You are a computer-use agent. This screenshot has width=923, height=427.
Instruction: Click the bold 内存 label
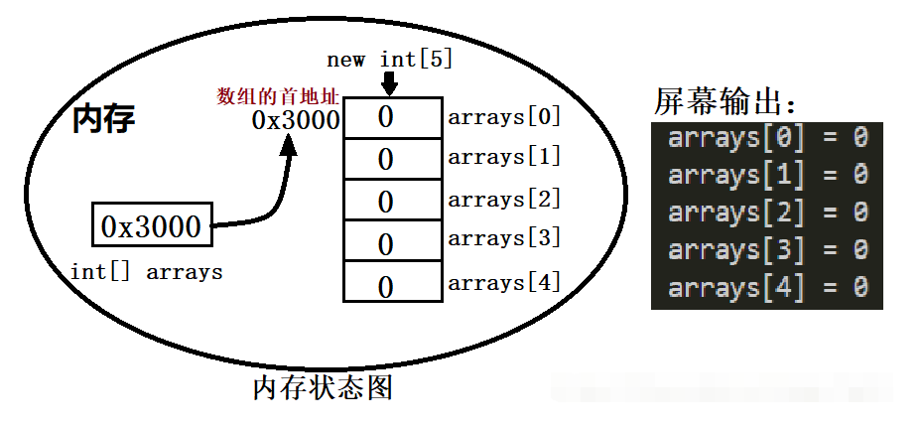104,120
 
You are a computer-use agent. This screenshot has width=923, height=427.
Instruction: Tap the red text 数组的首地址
279,96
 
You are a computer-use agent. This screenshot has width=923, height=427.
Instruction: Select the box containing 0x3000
152,226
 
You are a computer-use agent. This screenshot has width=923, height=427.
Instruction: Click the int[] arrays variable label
146,271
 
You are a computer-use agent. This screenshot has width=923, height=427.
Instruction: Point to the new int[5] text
389,60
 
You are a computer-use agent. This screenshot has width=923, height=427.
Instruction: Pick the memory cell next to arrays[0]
391,117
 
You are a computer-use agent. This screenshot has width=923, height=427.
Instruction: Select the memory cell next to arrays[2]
391,201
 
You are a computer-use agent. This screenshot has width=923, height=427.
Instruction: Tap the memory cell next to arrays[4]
391,283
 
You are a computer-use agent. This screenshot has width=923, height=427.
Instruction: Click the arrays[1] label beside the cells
504,156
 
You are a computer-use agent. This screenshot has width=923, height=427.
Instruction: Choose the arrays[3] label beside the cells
504,238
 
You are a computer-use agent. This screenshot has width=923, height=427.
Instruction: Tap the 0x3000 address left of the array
295,121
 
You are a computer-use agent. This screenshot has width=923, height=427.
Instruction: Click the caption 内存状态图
323,387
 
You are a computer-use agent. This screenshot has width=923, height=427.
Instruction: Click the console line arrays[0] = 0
767,138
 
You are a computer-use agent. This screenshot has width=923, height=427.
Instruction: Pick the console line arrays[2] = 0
767,213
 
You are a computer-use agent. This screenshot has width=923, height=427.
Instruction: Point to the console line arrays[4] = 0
767,288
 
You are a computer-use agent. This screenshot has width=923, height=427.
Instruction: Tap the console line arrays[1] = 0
767,175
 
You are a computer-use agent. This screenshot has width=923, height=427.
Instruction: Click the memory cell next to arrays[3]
391,242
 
